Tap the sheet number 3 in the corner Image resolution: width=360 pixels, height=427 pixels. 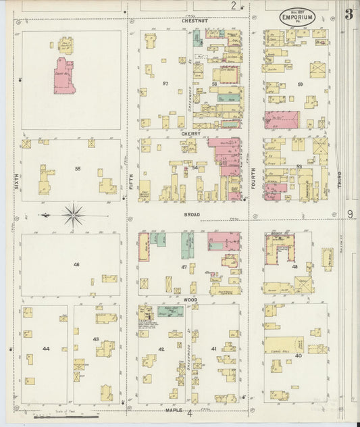349,14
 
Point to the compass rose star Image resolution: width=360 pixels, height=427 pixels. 73,216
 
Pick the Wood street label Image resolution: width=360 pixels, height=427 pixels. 190,298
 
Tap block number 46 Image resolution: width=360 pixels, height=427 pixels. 76,264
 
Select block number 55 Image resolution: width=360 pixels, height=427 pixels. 78,168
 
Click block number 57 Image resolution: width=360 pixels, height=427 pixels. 165,84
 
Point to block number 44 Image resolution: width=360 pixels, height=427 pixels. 46,349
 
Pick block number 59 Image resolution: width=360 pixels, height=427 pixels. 299,84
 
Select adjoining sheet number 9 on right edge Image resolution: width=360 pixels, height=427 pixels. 351,215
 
